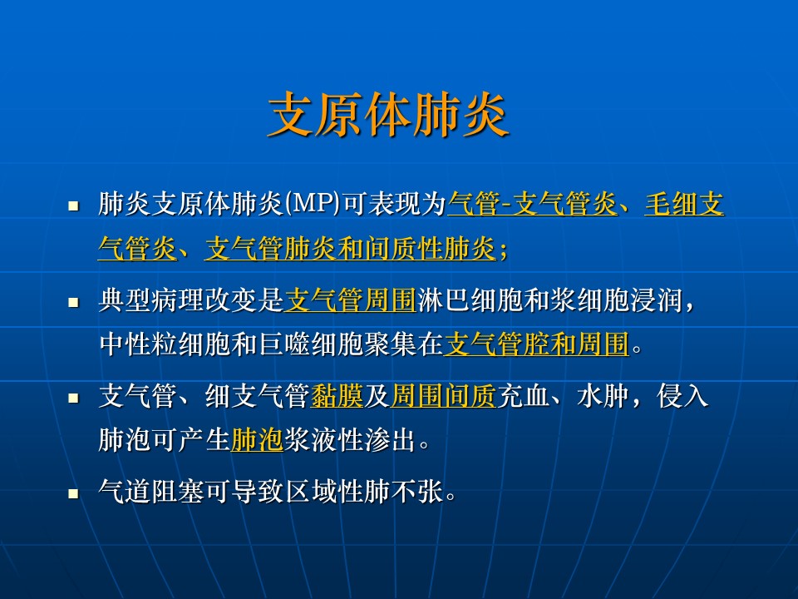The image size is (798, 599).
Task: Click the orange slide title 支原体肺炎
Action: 388,115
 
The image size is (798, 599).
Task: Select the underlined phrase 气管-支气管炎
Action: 532,205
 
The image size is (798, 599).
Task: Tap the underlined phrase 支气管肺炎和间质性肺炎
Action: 350,249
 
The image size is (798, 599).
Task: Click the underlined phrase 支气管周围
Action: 351,299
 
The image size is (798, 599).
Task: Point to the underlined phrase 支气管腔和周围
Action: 537,344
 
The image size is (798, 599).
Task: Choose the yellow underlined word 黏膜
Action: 337,396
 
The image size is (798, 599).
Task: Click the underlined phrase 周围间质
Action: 443,396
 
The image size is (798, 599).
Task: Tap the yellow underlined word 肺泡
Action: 257,440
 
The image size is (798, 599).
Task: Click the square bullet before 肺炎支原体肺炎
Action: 74,205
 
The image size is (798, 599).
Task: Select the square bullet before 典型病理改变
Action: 74,302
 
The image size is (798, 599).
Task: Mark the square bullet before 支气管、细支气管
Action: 74,398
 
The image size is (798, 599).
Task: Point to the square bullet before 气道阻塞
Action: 74,493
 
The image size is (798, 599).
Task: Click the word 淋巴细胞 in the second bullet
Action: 470,299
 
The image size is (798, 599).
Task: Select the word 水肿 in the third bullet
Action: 603,396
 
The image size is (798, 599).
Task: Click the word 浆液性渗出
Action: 350,440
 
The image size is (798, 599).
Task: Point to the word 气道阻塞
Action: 151,491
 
